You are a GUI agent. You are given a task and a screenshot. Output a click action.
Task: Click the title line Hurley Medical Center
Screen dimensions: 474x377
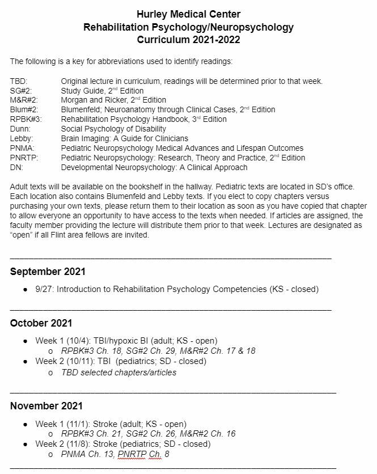[x=188, y=14]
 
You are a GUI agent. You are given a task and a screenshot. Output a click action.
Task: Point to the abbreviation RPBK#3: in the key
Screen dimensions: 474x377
[x=26, y=120]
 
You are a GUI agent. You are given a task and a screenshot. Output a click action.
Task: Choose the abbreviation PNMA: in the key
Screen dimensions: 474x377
[x=22, y=149]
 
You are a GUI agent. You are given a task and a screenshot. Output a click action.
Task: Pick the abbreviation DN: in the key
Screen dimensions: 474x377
[x=16, y=168]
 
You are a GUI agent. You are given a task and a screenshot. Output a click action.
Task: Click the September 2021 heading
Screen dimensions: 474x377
[x=48, y=272]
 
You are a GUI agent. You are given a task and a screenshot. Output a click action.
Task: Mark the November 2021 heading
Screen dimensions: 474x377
[x=46, y=406]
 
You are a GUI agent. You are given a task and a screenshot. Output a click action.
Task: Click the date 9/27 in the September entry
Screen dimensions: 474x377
[x=44, y=289]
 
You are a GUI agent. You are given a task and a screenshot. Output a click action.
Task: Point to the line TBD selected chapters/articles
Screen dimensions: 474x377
[x=118, y=373]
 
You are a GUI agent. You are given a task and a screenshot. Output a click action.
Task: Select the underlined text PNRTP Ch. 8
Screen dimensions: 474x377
[x=143, y=454]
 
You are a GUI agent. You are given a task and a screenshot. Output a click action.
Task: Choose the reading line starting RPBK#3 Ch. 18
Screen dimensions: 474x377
[x=158, y=351]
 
